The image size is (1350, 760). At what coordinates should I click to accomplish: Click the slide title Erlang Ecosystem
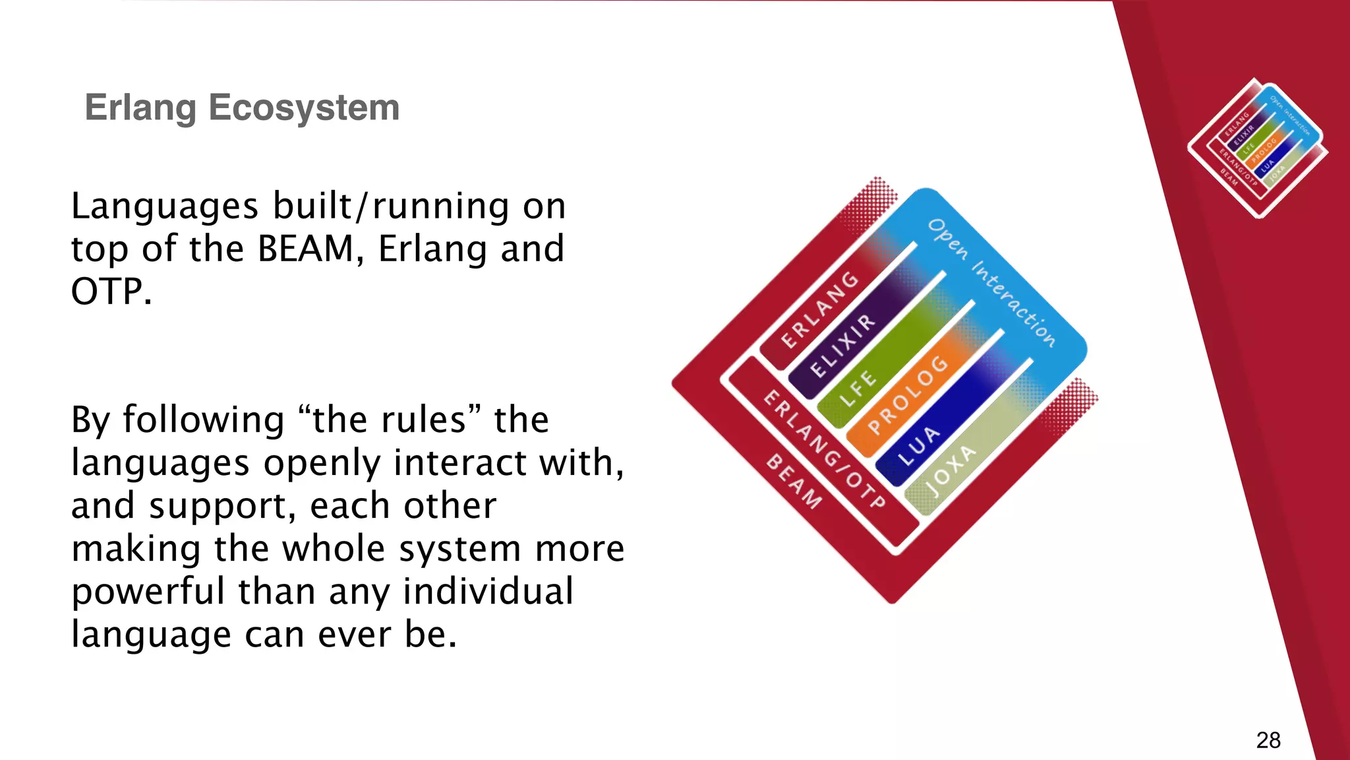point(242,108)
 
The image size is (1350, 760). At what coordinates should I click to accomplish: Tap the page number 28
point(1268,740)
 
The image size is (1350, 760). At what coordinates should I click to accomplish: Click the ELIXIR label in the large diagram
point(843,346)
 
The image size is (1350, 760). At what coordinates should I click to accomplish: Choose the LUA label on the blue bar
point(919,445)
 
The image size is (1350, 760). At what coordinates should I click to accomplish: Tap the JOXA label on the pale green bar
point(950,471)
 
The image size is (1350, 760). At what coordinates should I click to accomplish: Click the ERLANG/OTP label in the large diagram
point(824,449)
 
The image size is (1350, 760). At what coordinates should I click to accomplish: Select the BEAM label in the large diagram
point(794,482)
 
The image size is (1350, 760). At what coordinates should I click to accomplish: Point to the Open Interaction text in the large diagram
point(991,282)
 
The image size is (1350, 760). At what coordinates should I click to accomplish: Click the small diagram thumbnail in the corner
point(1257,148)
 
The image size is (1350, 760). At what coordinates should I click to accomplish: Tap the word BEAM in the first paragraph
point(306,249)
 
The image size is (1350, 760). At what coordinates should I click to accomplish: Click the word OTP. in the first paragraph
point(111,292)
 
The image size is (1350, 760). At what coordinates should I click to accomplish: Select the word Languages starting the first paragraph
point(165,207)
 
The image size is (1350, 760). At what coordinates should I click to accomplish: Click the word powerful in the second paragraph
point(148,592)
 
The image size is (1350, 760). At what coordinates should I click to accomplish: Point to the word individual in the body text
point(488,592)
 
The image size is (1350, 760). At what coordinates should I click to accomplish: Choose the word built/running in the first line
point(392,207)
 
